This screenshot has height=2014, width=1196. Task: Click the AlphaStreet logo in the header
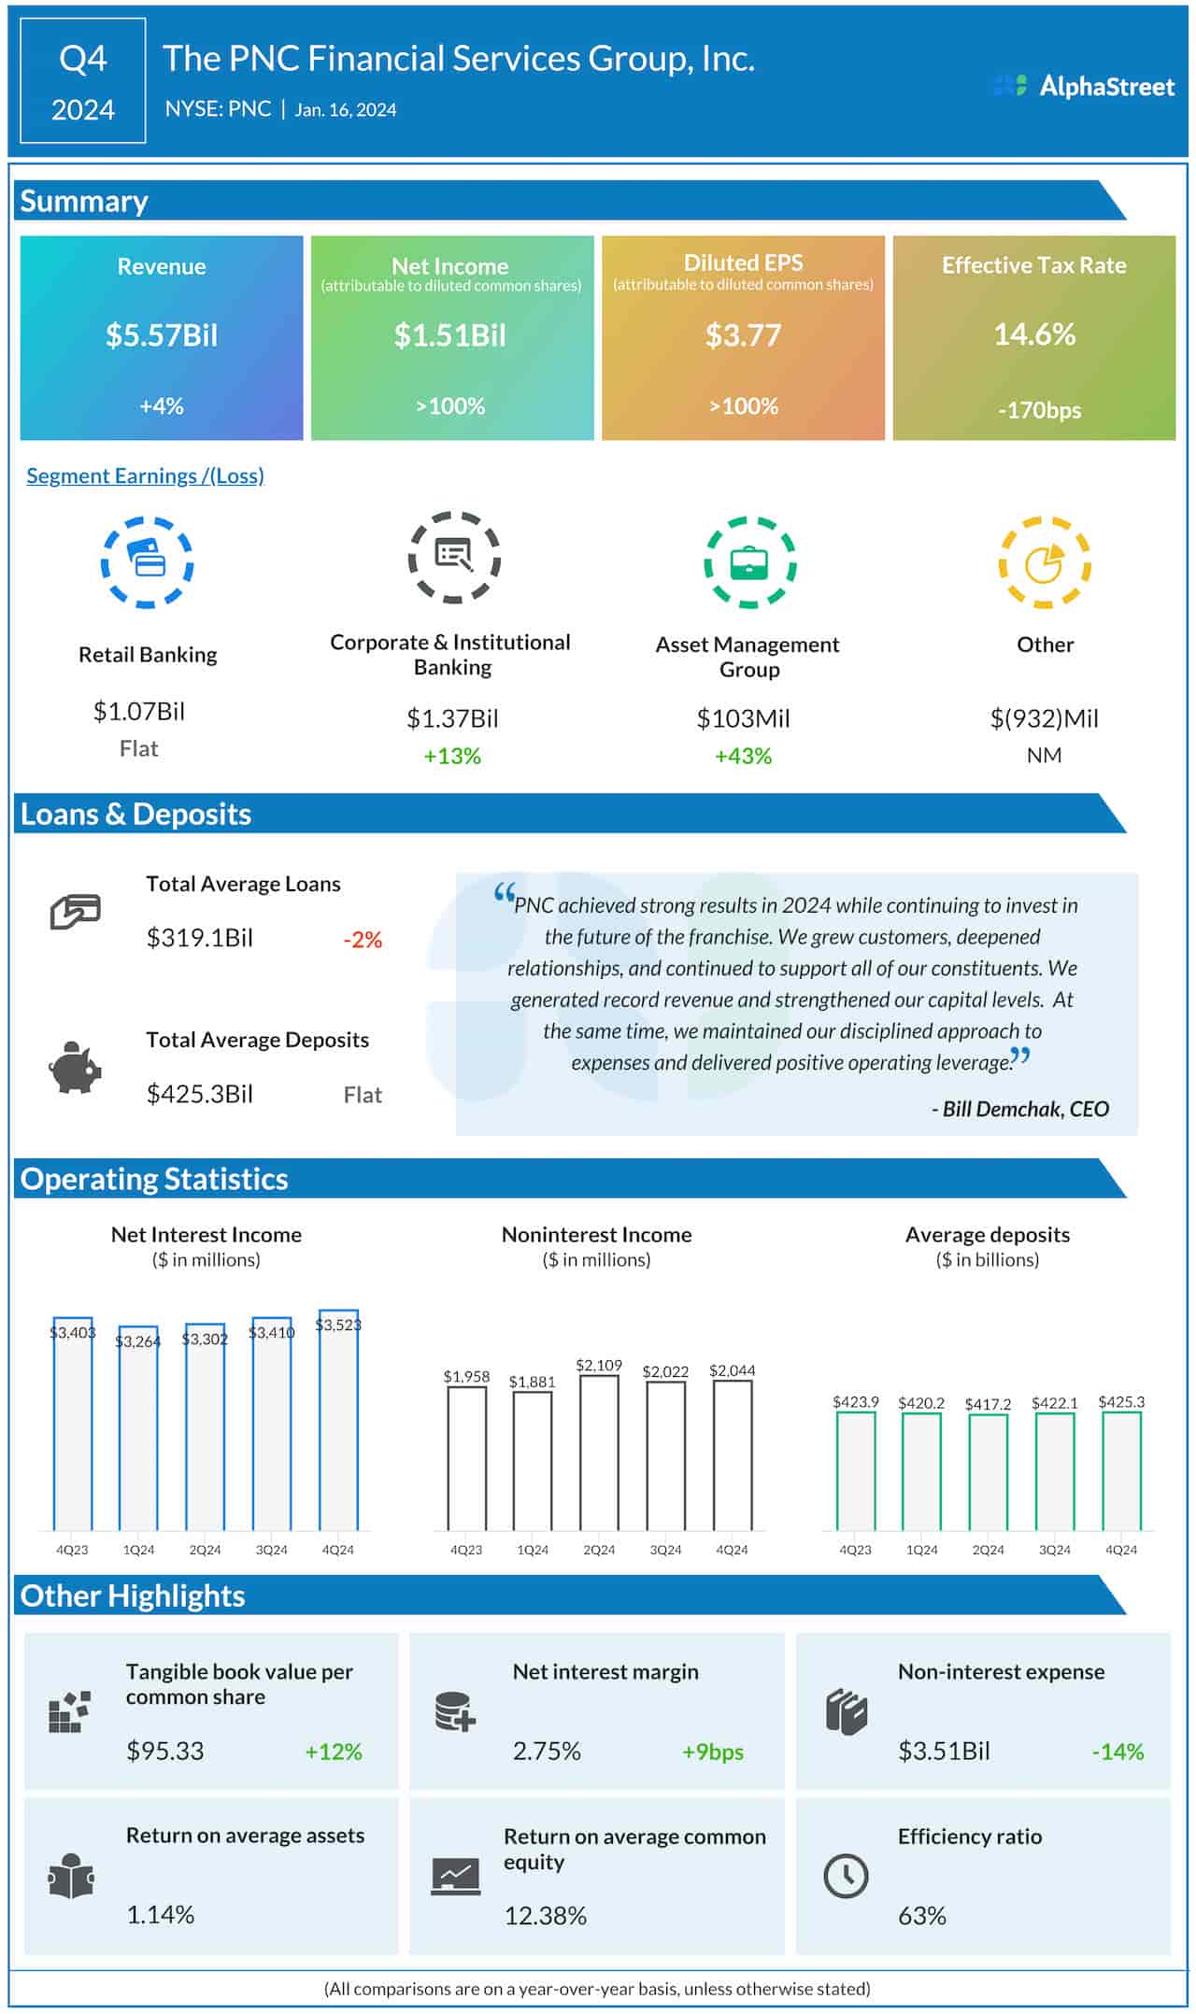[1084, 86]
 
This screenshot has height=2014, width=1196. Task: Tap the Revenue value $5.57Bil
[162, 335]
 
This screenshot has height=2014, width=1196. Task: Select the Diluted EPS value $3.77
[743, 335]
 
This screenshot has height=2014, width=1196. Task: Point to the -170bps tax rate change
[1039, 410]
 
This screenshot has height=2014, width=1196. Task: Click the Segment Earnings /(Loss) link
[145, 475]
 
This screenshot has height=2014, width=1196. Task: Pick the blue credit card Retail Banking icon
[147, 562]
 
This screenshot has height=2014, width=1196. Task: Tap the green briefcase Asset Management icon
[749, 562]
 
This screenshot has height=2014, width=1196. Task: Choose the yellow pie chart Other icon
[1045, 562]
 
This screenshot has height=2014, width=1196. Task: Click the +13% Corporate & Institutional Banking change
[452, 756]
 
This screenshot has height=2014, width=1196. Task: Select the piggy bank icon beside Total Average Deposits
[74, 1068]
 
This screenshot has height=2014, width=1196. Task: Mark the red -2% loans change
[363, 940]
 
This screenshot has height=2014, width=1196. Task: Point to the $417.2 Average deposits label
[988, 1404]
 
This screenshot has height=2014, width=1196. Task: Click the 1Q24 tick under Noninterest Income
[533, 1550]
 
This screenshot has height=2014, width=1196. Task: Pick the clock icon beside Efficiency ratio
[846, 1875]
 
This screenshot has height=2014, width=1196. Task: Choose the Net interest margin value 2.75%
[547, 1751]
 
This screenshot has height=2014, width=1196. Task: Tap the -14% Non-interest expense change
[1118, 1752]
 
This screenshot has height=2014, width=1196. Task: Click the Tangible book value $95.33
[165, 1751]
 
